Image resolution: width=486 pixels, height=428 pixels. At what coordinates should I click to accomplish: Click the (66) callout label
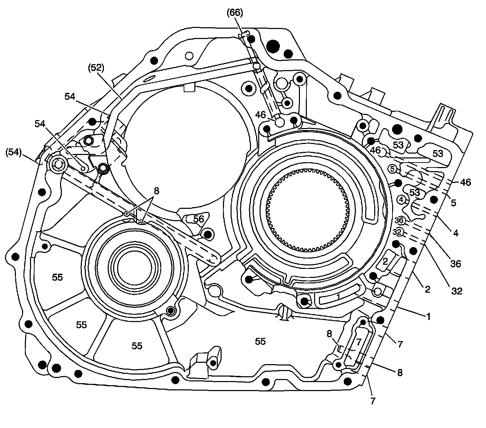click(235, 13)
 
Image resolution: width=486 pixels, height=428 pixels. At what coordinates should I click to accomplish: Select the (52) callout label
click(96, 68)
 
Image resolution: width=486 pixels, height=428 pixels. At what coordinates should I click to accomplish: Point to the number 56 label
click(198, 219)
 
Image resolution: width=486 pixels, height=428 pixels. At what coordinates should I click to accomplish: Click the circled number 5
click(393, 169)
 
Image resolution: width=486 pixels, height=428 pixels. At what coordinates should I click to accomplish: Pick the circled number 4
click(401, 199)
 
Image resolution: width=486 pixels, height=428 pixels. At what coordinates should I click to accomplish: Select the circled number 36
click(399, 220)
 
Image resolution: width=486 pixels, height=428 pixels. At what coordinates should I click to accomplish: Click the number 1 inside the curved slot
click(339, 296)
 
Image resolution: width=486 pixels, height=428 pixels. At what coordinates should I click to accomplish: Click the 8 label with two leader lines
click(156, 191)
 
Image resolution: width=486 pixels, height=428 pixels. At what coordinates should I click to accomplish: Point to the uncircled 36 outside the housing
click(456, 264)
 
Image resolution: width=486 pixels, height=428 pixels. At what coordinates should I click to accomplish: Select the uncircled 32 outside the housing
click(456, 291)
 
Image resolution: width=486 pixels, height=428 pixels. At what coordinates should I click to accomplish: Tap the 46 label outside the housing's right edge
click(465, 182)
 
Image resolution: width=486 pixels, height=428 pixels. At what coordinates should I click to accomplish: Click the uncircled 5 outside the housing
click(454, 203)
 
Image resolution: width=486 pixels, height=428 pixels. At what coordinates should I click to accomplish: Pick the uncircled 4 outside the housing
click(456, 233)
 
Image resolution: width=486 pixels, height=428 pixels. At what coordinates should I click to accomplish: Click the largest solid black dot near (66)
click(273, 45)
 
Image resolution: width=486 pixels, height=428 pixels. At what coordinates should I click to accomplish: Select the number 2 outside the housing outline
click(427, 289)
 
